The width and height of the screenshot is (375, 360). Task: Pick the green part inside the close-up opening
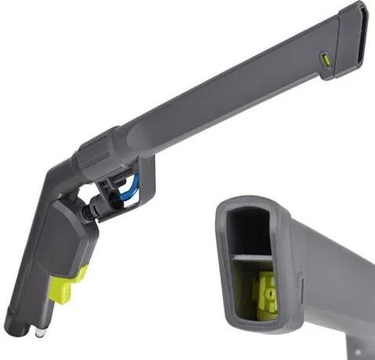click(266, 293)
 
